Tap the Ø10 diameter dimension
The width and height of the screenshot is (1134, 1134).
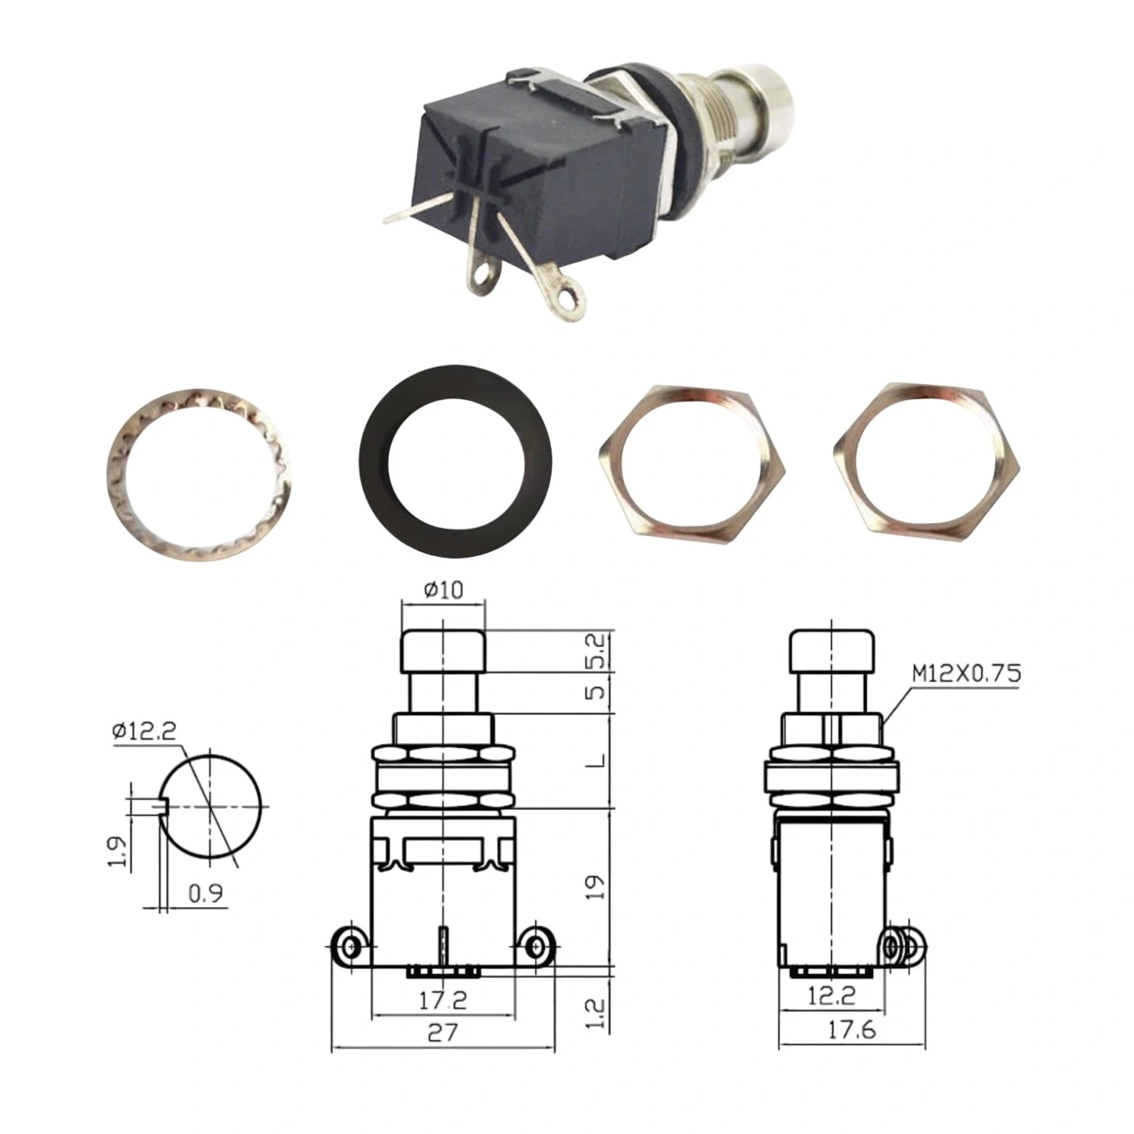(x=443, y=590)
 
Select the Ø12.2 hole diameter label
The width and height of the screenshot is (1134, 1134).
(x=144, y=731)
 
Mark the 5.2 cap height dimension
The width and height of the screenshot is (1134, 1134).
(x=597, y=651)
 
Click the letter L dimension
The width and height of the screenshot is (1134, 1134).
(x=597, y=761)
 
